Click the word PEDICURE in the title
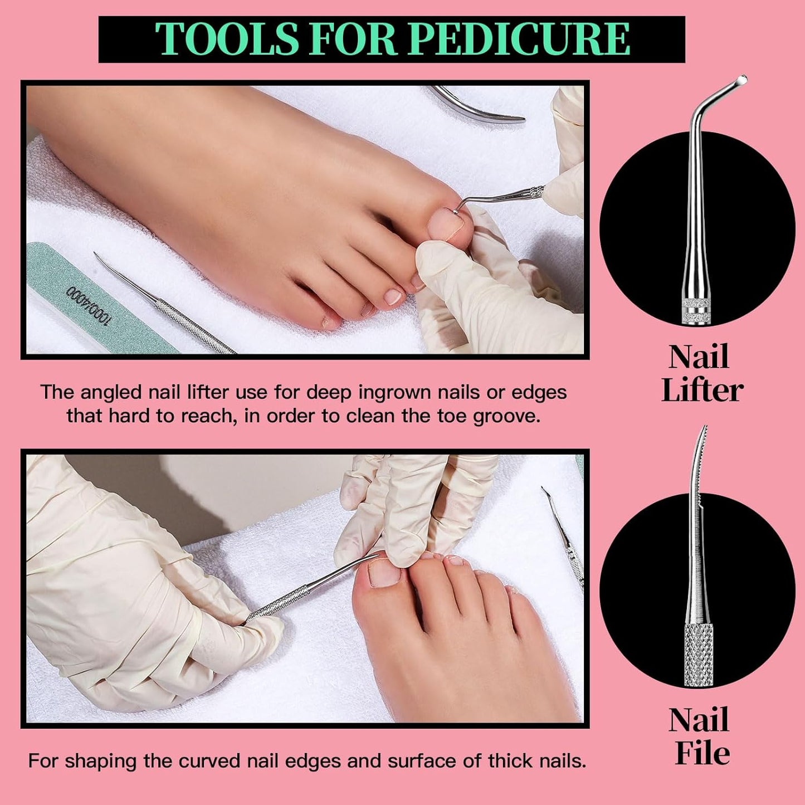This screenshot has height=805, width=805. click(523, 39)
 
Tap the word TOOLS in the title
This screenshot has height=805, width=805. click(226, 39)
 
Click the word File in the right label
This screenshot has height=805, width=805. click(702, 754)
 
